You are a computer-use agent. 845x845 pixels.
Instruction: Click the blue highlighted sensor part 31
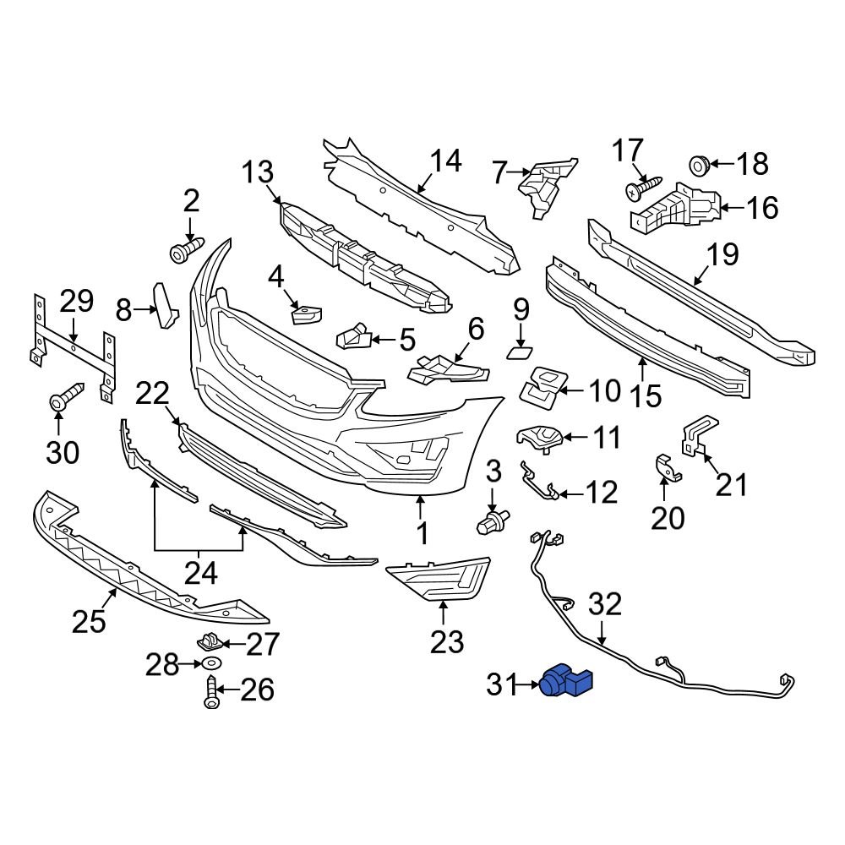pos(568,679)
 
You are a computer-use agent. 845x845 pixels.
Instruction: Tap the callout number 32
pos(604,605)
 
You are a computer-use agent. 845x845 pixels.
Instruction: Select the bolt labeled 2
pos(186,249)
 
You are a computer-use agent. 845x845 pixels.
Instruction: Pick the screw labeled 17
pos(644,188)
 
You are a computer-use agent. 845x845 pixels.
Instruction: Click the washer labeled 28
pos(212,667)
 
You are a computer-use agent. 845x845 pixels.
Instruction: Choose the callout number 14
pos(446,161)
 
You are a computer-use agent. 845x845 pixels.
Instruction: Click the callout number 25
pos(90,622)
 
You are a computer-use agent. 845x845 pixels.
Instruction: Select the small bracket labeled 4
pos(305,315)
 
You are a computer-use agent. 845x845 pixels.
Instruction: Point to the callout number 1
pos(420,533)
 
